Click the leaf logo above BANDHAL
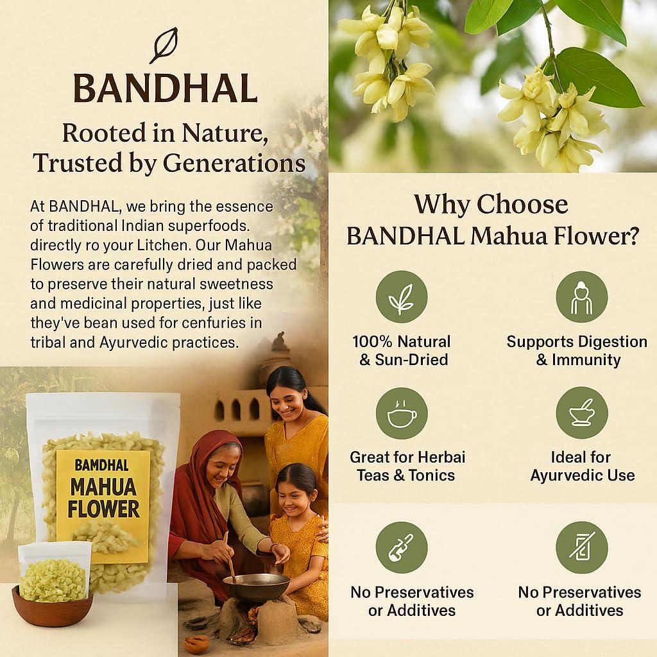[x=164, y=45]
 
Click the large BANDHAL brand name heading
[x=165, y=89]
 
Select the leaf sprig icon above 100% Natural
[x=402, y=297]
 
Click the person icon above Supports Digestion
[x=581, y=297]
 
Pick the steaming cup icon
[x=402, y=413]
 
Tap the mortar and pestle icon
[x=581, y=413]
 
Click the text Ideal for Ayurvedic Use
[x=582, y=466]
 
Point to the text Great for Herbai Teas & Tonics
[x=407, y=466]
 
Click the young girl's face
[x=293, y=494]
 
